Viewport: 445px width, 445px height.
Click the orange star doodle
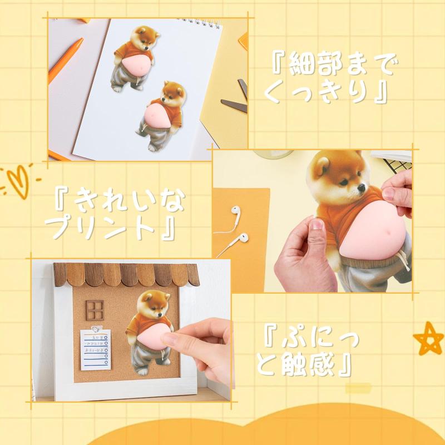pyautogui.click(x=428, y=338)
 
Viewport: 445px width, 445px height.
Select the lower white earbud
pyautogui.click(x=243, y=238)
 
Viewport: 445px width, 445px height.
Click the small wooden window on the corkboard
pyautogui.click(x=95, y=310)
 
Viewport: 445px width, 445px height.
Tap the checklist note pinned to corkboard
pyautogui.click(x=95, y=350)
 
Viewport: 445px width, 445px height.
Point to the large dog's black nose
pyautogui.click(x=362, y=187)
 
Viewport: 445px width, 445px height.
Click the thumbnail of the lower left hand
pyautogui.click(x=317, y=224)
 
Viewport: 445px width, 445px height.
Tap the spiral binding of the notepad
pyautogui.click(x=200, y=23)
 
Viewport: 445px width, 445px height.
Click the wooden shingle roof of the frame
pyautogui.click(x=127, y=274)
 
